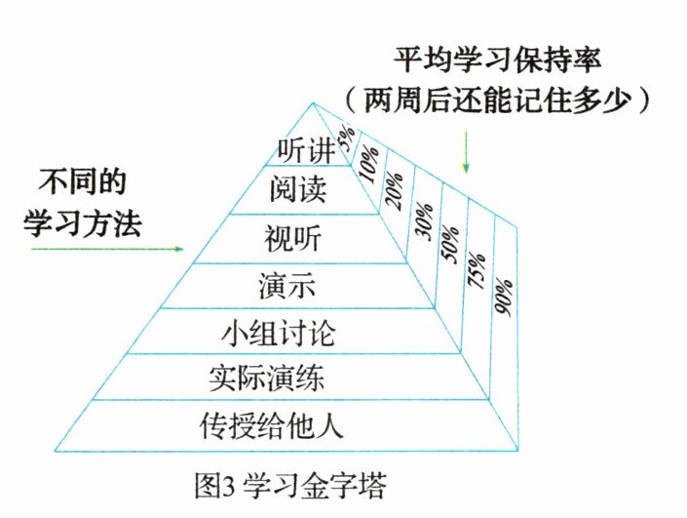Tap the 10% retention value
(368, 162)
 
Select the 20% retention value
(396, 189)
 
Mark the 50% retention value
(450, 249)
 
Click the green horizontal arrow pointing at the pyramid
(107, 250)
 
